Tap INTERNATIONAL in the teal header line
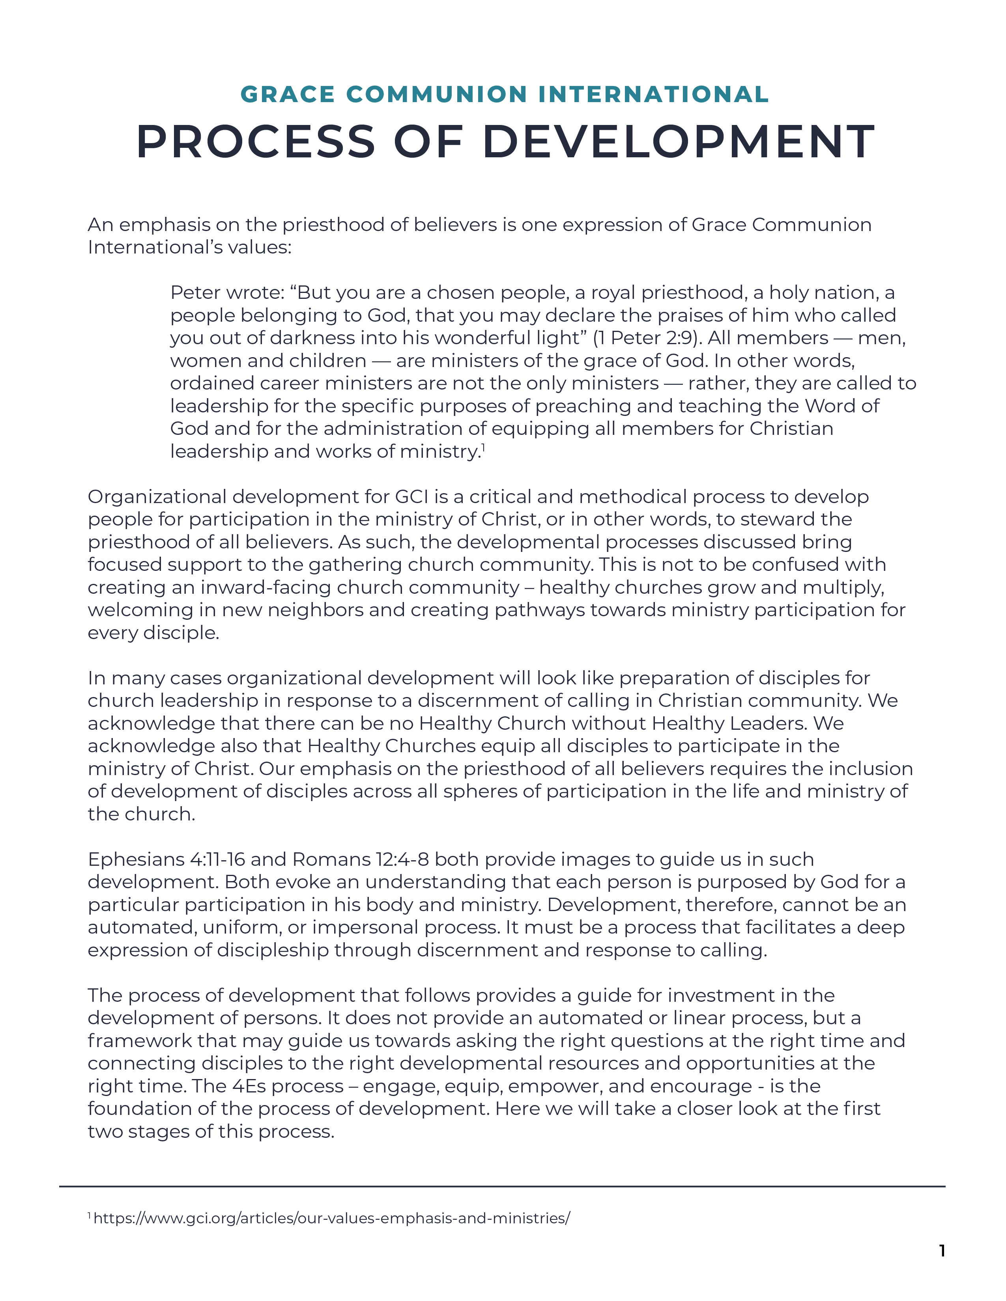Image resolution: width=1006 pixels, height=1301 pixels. click(653, 95)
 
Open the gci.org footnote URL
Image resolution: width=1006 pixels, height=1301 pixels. click(331, 1218)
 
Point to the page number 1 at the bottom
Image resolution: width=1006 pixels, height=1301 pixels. click(942, 1251)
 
